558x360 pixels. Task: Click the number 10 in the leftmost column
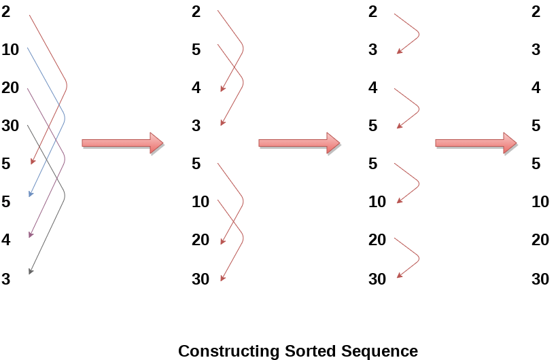[10, 50]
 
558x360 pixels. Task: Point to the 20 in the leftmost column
[10, 88]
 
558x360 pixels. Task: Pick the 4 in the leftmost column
[6, 240]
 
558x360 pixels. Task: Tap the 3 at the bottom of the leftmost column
[6, 278]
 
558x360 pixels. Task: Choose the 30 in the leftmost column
[10, 126]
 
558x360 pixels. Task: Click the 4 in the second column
[196, 88]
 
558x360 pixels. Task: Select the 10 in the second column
[200, 202]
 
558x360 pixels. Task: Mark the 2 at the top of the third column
[372, 12]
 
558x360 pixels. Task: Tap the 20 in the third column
[377, 240]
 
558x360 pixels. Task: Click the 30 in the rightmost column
[540, 278]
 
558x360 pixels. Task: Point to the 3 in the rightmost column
[536, 50]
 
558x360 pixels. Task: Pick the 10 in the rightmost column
[540, 202]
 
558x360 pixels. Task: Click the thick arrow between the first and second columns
[122, 143]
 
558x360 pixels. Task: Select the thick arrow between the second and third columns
[299, 143]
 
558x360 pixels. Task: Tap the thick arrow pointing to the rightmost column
[476, 143]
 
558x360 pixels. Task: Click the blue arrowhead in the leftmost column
[30, 195]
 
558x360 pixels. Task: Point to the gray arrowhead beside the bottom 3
[31, 272]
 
